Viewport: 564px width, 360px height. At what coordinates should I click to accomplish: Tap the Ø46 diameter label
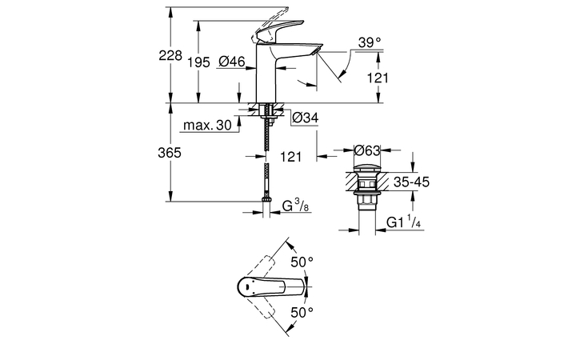tap(232, 62)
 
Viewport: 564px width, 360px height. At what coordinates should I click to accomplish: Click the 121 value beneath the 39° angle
tap(378, 78)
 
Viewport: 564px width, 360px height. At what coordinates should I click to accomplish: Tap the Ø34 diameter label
tap(306, 118)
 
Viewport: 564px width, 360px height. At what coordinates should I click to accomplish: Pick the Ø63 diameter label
tap(366, 150)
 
